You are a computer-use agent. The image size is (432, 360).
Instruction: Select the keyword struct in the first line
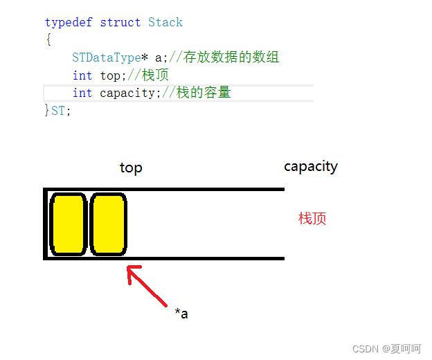pyautogui.click(x=120, y=22)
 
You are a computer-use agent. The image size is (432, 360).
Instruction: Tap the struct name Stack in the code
pyautogui.click(x=165, y=22)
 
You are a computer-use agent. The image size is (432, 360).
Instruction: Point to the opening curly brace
pyautogui.click(x=48, y=40)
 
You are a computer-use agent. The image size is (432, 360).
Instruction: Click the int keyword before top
pyautogui.click(x=82, y=75)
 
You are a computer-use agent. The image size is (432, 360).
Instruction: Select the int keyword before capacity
pyautogui.click(x=82, y=93)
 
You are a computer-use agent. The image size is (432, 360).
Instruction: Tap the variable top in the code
pyautogui.click(x=110, y=75)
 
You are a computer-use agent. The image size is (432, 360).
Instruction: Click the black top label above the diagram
pyautogui.click(x=131, y=168)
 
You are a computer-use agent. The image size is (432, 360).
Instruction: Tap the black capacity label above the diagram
pyautogui.click(x=311, y=167)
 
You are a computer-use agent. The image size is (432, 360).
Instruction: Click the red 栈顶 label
pyautogui.click(x=312, y=219)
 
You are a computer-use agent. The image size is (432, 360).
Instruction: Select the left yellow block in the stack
pyautogui.click(x=69, y=224)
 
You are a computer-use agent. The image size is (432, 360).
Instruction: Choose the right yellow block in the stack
pyautogui.click(x=108, y=224)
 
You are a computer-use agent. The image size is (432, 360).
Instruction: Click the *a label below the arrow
pyautogui.click(x=181, y=314)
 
